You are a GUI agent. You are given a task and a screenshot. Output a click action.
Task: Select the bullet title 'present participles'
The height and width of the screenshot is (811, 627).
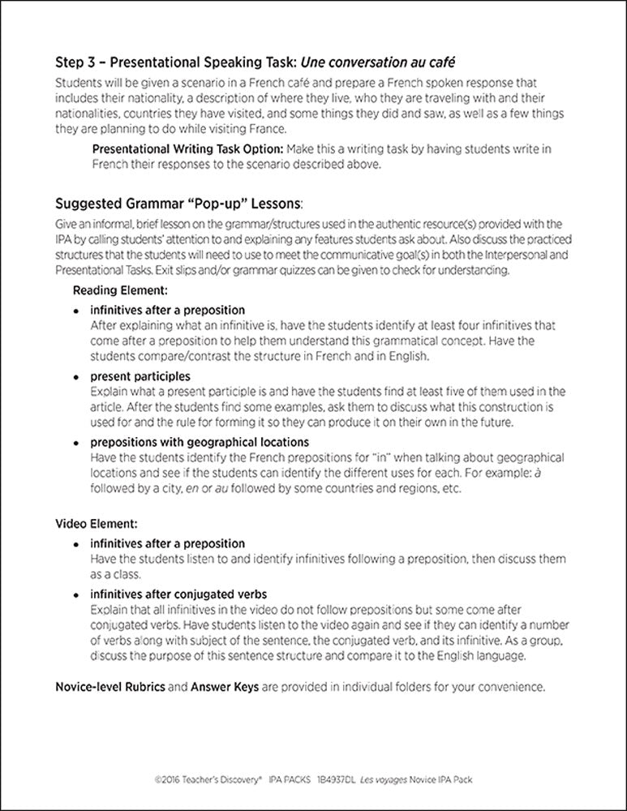tap(140, 376)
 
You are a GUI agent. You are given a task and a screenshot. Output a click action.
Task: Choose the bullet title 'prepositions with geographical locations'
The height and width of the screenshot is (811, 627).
tap(200, 442)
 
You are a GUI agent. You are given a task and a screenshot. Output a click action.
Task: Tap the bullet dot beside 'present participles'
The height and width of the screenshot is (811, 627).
tap(76, 377)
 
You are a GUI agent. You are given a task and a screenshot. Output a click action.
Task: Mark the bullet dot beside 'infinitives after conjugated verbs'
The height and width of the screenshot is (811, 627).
tap(76, 594)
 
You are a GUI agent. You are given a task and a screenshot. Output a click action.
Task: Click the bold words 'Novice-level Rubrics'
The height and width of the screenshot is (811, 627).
tap(110, 687)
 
